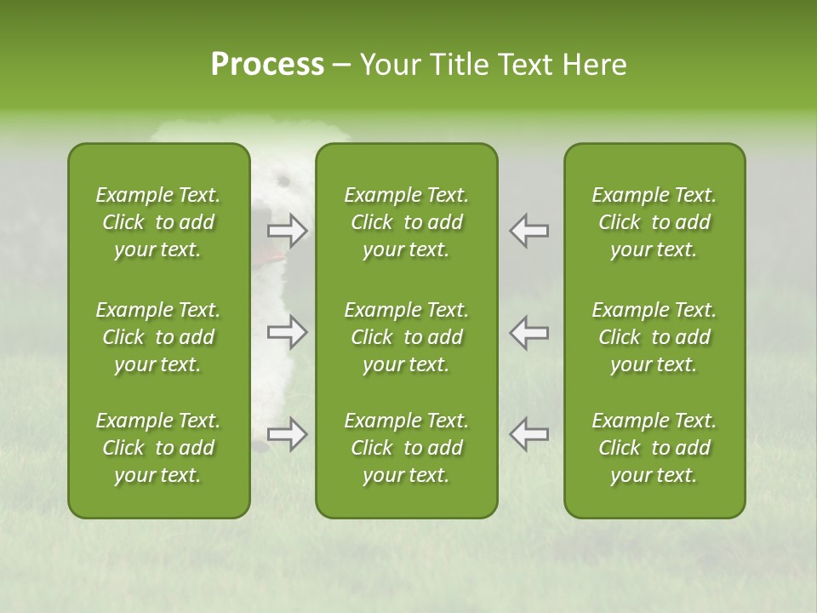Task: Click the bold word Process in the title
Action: (267, 65)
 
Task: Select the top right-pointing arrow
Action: (287, 231)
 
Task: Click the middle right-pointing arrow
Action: (287, 332)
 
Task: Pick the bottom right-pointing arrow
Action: (287, 434)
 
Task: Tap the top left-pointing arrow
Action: (529, 231)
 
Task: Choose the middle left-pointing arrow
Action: (529, 332)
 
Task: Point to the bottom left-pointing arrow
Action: (529, 434)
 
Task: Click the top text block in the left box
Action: (158, 222)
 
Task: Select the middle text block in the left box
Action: (158, 337)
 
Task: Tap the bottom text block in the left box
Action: (158, 448)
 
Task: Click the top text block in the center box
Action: (406, 222)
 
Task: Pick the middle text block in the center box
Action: (406, 337)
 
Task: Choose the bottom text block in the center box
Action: (406, 448)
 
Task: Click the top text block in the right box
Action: (654, 222)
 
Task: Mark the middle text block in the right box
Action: (654, 337)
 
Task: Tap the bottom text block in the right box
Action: (654, 448)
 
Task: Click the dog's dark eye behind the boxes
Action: (283, 180)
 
